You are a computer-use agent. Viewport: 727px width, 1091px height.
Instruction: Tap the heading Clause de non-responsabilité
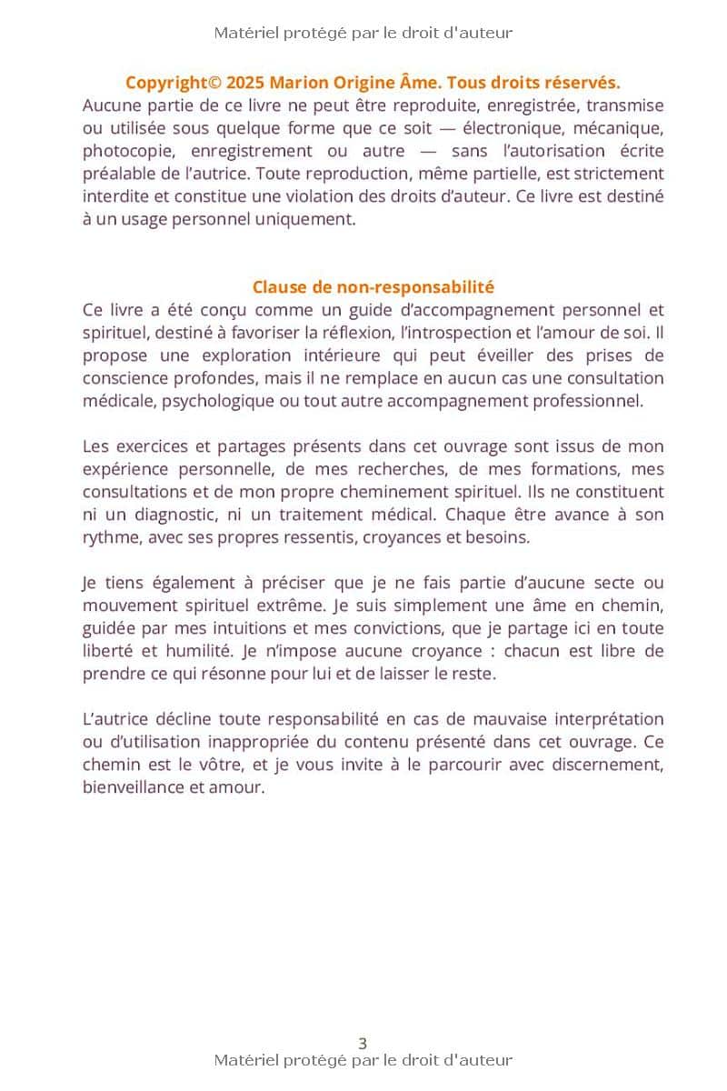[373, 287]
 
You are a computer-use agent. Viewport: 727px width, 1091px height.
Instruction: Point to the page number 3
[363, 1044]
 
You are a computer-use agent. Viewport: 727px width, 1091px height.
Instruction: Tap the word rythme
[107, 537]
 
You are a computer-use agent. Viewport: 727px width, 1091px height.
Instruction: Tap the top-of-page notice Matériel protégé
[363, 33]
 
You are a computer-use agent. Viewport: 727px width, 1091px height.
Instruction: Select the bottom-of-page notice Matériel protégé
[363, 1060]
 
